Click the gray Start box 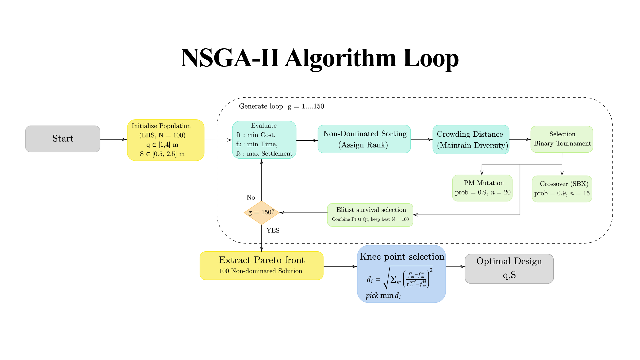(63, 139)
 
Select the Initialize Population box (166, 140)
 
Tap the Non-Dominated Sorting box (364, 139)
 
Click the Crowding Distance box (471, 139)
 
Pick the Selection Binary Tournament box (562, 139)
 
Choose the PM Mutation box (482, 188)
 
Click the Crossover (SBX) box (562, 189)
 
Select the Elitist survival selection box (370, 215)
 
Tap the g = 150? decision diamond (262, 212)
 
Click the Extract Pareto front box (262, 266)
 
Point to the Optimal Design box (509, 269)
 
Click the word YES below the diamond (273, 230)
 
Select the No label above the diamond (251, 197)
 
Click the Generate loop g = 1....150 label (281, 106)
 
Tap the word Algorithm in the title (340, 59)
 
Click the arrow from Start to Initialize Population (113, 139)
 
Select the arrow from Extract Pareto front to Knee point (340, 267)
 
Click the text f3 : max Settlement (264, 154)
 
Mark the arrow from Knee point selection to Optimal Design (455, 267)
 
